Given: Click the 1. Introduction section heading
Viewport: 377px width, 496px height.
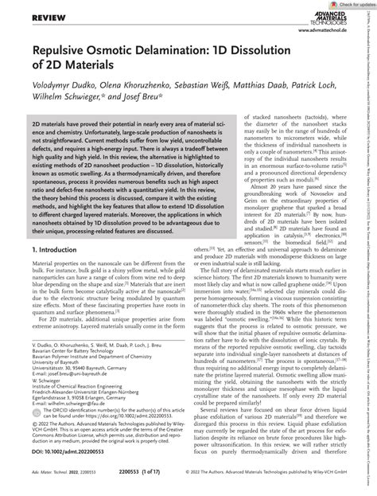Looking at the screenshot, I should (53, 250).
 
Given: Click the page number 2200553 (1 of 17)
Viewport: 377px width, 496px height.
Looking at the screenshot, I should (182, 482).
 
